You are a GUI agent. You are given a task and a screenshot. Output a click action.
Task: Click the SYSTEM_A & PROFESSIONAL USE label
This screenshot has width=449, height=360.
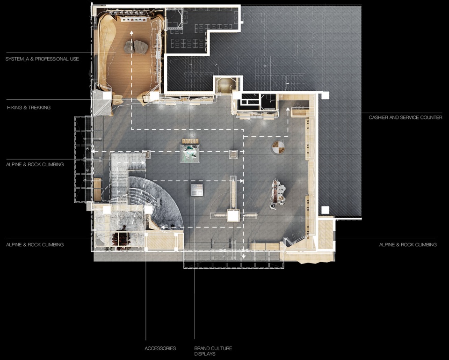(x=42, y=59)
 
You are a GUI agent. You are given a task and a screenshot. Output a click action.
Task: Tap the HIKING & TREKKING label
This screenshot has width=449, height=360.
(x=29, y=108)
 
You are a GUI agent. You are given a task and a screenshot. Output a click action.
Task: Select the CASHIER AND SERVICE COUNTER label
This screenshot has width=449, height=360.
(x=405, y=118)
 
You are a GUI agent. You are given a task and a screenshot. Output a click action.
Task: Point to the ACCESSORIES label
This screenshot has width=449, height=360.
(x=160, y=348)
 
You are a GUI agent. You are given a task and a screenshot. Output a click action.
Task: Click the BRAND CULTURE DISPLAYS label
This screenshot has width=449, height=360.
(x=213, y=351)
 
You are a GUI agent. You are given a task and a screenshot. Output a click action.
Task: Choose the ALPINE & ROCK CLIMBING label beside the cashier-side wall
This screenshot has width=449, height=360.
(x=408, y=245)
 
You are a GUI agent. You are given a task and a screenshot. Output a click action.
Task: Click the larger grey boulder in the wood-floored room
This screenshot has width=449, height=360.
(x=141, y=47)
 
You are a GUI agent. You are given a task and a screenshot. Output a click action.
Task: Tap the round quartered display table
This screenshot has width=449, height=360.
(x=278, y=148)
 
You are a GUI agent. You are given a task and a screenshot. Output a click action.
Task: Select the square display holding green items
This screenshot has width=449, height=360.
(x=190, y=154)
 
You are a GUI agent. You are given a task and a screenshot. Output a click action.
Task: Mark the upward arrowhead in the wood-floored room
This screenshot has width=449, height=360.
(x=131, y=32)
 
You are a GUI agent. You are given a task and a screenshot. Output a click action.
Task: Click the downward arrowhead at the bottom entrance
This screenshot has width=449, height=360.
(x=243, y=257)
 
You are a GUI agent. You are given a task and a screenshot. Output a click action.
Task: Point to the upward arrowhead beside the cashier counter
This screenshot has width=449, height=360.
(x=288, y=109)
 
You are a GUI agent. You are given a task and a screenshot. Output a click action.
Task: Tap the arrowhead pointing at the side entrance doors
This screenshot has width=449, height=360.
(x=94, y=152)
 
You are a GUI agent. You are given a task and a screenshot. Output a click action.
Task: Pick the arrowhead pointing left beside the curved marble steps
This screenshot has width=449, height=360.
(x=162, y=228)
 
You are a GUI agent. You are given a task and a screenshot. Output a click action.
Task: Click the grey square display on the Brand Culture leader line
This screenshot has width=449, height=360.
(x=197, y=190)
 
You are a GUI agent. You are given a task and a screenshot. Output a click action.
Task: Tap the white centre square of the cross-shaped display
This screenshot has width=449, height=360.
(x=233, y=215)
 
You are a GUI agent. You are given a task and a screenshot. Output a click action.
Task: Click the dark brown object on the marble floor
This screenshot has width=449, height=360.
(x=121, y=238)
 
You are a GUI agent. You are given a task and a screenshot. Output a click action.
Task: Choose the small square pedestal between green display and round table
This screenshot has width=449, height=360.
(x=233, y=154)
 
